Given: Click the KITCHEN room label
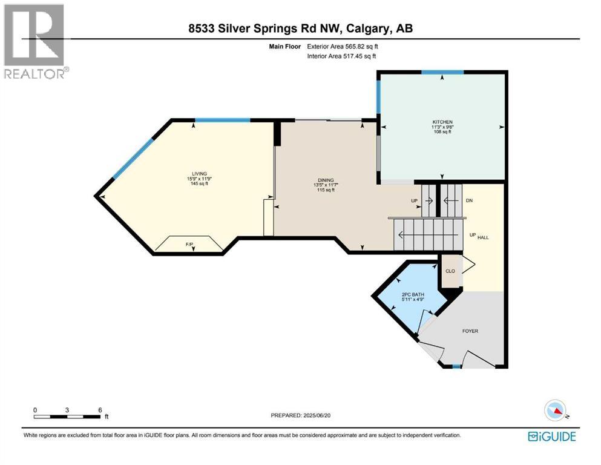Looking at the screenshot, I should [x=442, y=122].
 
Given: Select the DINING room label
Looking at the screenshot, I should [x=326, y=180].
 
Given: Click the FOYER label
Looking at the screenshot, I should [x=470, y=331].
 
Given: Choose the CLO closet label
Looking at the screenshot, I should [x=450, y=271].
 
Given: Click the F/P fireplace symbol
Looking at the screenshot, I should [x=189, y=245].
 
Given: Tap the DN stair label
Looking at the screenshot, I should [x=468, y=202].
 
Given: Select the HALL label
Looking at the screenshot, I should [x=483, y=237].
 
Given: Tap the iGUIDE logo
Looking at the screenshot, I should [x=551, y=436].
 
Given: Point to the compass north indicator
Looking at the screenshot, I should [x=556, y=411].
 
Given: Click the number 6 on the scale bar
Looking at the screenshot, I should [x=99, y=409].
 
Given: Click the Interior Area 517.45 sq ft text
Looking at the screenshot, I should [x=342, y=56].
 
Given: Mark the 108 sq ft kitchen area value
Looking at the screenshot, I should [x=442, y=131].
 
